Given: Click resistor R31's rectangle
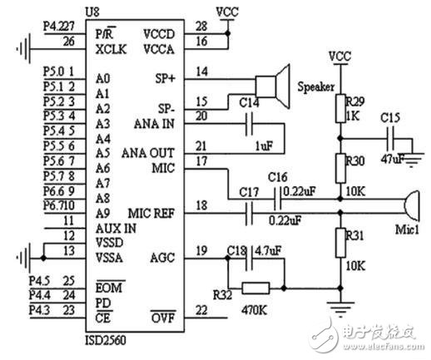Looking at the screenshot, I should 339,243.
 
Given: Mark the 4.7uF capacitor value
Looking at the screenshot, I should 267,248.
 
